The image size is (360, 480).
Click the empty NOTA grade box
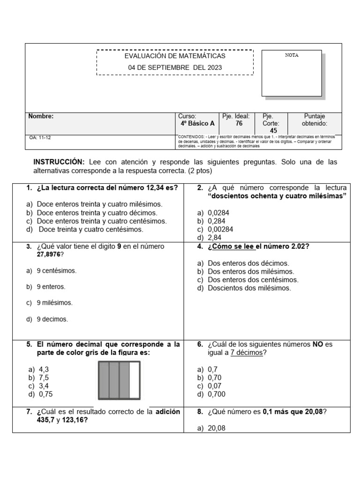[291, 75]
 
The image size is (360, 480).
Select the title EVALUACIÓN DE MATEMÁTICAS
[175, 56]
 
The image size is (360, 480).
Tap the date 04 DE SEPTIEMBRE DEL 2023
[175, 67]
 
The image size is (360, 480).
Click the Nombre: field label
[41, 116]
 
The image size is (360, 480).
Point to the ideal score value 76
[239, 123]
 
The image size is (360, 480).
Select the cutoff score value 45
[273, 131]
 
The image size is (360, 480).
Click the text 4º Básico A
[197, 123]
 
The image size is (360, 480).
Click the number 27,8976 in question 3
[47, 254]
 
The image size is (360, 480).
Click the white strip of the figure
[135, 380]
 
